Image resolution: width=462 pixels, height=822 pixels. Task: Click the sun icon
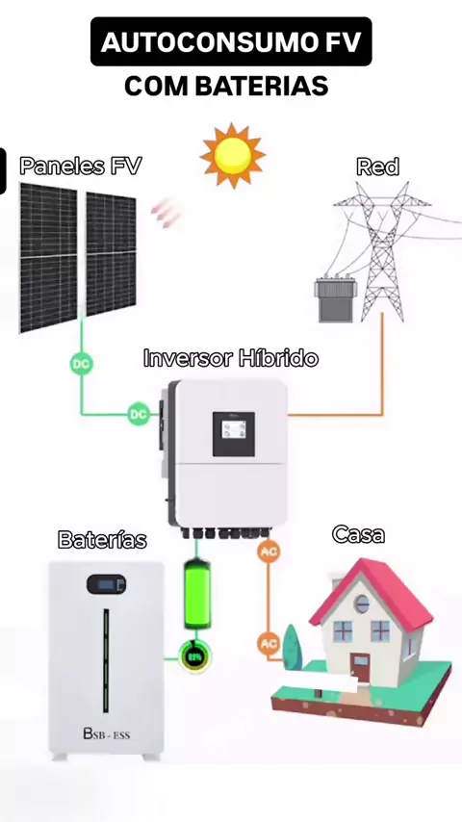click(x=233, y=155)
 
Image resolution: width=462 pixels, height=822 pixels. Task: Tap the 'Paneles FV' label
click(x=81, y=167)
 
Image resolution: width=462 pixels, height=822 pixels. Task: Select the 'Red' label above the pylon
click(x=377, y=167)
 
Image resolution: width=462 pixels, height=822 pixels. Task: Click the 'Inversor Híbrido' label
click(x=231, y=358)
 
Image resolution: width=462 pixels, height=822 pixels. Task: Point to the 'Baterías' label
click(x=102, y=539)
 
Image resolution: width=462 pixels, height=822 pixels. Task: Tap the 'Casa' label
click(x=359, y=534)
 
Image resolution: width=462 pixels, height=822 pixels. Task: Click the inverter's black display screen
click(x=234, y=434)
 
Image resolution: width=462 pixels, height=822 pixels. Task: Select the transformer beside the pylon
click(x=336, y=300)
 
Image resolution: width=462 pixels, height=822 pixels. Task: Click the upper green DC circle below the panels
click(x=81, y=364)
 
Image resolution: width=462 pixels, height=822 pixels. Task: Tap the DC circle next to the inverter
click(x=139, y=414)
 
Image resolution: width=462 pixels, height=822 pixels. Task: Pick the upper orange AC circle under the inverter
click(x=269, y=552)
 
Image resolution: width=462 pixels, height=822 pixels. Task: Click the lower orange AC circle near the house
click(x=269, y=643)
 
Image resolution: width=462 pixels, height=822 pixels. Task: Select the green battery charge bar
click(x=197, y=594)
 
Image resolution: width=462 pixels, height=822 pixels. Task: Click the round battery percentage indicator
click(x=195, y=656)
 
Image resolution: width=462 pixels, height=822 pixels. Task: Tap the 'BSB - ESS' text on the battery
click(x=107, y=733)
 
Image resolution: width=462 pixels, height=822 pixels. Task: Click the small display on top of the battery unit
click(x=107, y=584)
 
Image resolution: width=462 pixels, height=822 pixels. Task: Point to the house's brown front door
click(x=360, y=667)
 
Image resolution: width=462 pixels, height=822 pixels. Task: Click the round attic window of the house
click(x=362, y=604)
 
